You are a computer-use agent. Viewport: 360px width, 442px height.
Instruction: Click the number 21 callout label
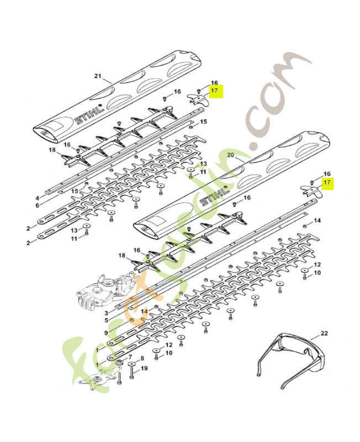[98, 76]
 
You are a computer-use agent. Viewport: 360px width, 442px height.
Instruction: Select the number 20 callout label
[231, 155]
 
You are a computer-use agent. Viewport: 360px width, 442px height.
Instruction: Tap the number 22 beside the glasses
[324, 334]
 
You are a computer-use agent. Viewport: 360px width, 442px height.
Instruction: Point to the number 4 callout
[37, 197]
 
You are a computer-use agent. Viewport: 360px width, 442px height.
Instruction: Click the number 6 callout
[37, 206]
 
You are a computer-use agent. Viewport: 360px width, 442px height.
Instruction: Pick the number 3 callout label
[106, 313]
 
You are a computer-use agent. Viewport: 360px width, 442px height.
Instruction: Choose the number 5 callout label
[106, 320]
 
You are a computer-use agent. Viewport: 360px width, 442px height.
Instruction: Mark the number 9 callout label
[105, 333]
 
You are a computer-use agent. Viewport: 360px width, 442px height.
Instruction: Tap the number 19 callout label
[144, 368]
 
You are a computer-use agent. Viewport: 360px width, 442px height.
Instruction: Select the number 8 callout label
[142, 358]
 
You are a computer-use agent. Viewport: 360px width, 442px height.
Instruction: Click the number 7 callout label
[130, 356]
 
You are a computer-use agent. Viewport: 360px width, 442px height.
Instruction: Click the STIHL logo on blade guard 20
[214, 196]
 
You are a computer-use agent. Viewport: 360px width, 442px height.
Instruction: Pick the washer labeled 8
[132, 364]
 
